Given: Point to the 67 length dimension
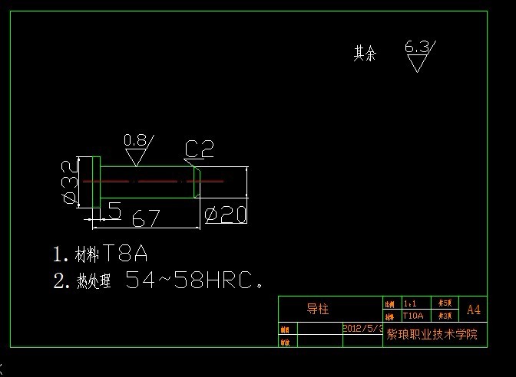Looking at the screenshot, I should [145, 218].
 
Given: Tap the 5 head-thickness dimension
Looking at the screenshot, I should [114, 211].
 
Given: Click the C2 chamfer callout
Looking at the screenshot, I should [199, 149].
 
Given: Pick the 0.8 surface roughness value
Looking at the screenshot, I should [134, 139].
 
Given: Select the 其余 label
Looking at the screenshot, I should [365, 54].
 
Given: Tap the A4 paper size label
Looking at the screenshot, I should [474, 310].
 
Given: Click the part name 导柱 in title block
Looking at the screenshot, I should [318, 310].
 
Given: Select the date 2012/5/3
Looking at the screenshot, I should [362, 327].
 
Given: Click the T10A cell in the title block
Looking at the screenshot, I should [412, 316].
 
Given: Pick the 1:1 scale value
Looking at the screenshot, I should [411, 303].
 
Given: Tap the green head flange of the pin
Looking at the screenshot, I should [96, 182].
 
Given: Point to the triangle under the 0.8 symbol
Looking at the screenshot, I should [137, 157].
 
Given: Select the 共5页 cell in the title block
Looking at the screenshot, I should [445, 303].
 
